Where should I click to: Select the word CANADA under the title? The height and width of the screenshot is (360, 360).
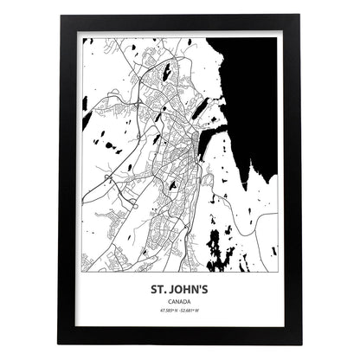[x=180, y=302]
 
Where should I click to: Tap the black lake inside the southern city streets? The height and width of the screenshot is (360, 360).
[x=172, y=184]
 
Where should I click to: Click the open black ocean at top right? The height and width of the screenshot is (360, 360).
[x=251, y=78]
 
